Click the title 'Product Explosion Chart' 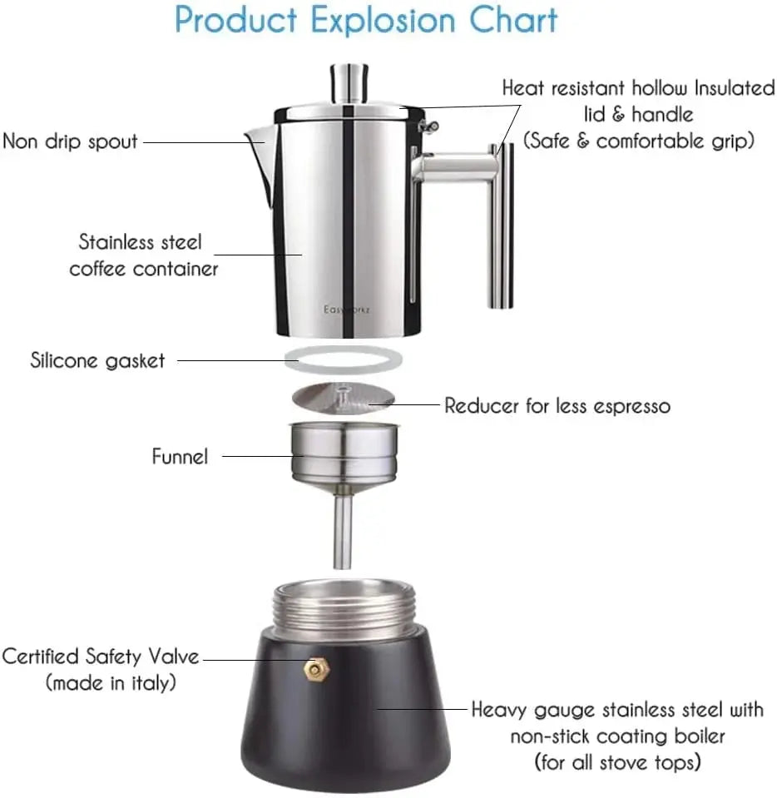366,21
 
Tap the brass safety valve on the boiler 314,667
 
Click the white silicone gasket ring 343,360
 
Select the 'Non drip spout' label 70,141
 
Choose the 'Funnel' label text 180,456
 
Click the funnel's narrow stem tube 343,532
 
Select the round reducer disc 343,399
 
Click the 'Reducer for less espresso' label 557,406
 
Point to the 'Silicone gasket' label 98,360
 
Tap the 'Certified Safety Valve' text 101,656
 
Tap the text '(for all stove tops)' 616,761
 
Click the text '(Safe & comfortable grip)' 639,140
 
